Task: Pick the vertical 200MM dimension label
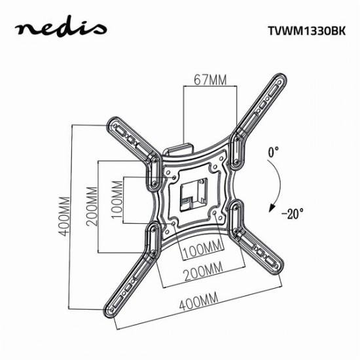pos(92,205)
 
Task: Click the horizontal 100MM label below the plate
pos(200,250)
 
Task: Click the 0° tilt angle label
pos(273,152)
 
